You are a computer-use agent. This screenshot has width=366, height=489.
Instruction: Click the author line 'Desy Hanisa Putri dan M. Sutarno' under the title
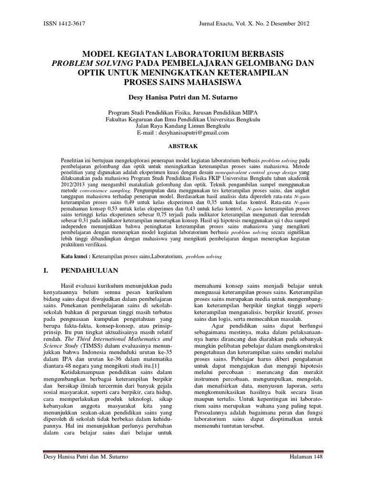pyautogui.click(x=183, y=97)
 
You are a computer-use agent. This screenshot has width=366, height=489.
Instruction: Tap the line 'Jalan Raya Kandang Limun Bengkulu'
pyautogui.click(x=183, y=126)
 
